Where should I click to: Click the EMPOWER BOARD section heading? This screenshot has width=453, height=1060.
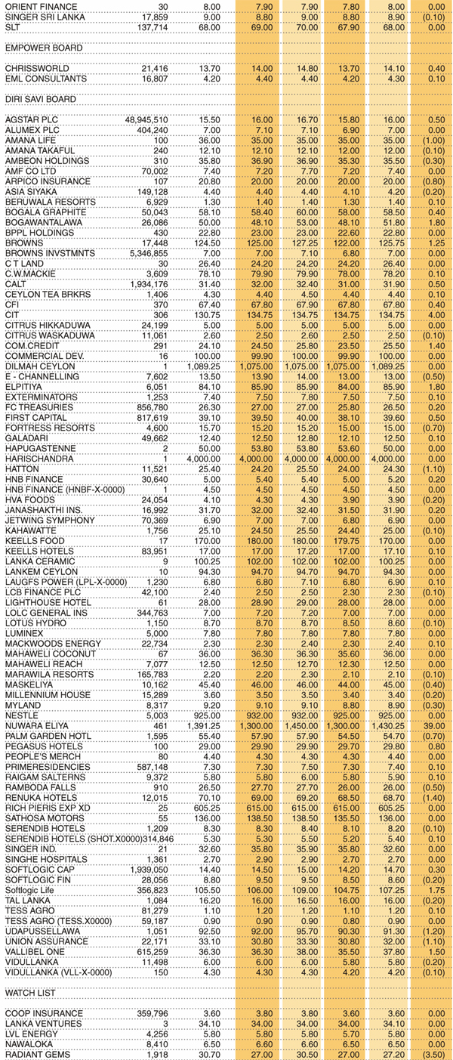pyautogui.click(x=43, y=48)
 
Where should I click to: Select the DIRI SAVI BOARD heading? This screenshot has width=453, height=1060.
pyautogui.click(x=42, y=98)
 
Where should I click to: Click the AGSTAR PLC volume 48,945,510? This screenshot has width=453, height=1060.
pyautogui.click(x=141, y=119)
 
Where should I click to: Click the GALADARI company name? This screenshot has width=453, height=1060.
pyautogui.click(x=29, y=437)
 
